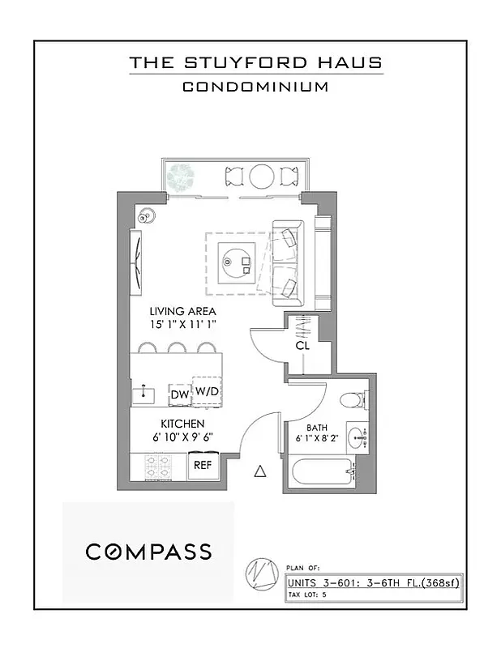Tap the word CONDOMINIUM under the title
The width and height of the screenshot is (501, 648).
click(255, 87)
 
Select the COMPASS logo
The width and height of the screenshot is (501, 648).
click(149, 552)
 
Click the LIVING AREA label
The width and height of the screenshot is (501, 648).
click(182, 311)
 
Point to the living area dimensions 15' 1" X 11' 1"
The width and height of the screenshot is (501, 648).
click(187, 324)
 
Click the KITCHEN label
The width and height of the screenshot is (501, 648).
click(182, 424)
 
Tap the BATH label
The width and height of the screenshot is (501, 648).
click(316, 428)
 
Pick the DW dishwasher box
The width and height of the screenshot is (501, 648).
click(179, 394)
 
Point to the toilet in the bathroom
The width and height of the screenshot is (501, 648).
click(353, 400)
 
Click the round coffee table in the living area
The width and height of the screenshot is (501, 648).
click(236, 259)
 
